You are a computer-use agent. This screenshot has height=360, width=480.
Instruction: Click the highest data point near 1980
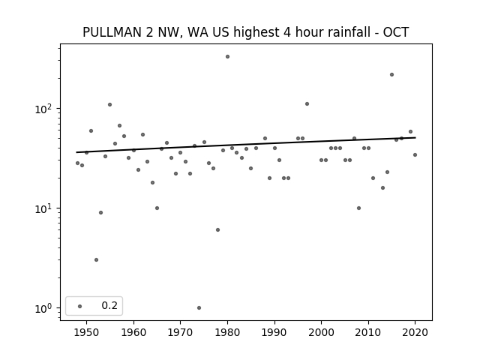[x=227, y=57]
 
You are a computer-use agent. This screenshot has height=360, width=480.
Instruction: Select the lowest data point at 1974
[x=199, y=307]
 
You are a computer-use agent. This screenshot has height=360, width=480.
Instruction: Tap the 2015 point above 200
[x=391, y=75]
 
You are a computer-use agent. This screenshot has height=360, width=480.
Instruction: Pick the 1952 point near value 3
[x=96, y=260]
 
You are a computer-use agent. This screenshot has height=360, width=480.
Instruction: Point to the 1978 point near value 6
[x=217, y=230]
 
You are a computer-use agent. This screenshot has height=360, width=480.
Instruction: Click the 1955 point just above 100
[x=110, y=105]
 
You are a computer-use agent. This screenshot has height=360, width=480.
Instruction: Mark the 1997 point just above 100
[x=307, y=104]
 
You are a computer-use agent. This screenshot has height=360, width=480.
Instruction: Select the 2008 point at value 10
[x=358, y=208]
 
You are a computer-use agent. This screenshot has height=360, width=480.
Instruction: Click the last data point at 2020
[x=415, y=155]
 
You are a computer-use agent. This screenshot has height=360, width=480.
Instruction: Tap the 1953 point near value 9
[x=100, y=213]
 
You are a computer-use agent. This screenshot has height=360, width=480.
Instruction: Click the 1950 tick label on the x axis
[x=86, y=332]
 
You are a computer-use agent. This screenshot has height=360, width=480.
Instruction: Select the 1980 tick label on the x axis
[x=227, y=332]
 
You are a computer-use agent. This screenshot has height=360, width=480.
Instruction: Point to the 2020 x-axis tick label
[x=415, y=332]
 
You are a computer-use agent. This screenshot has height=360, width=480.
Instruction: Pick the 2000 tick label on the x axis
[x=322, y=332]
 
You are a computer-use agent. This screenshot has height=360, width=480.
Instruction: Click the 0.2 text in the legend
[x=109, y=305]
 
